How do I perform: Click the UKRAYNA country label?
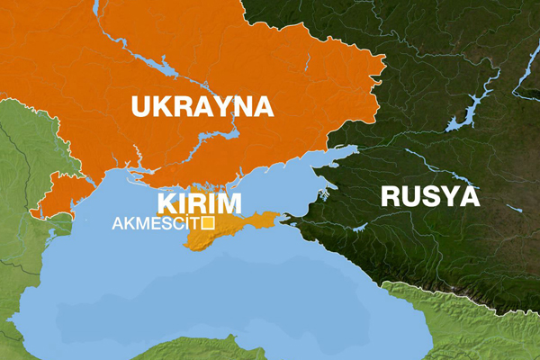pyautogui.click(x=202, y=106)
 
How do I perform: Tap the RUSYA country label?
pyautogui.click(x=429, y=196)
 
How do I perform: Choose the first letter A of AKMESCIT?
pyautogui.click(x=117, y=224)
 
